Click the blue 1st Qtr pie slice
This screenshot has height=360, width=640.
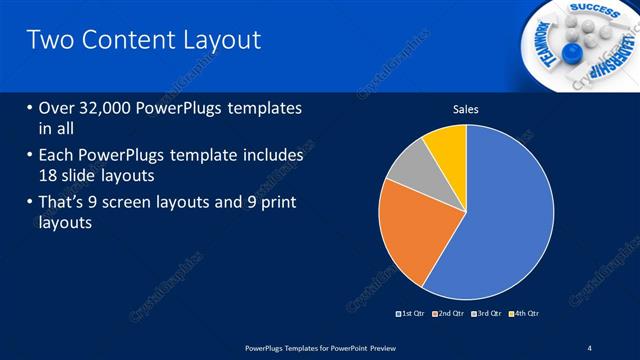(x=510, y=215)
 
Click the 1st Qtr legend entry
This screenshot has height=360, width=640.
(x=411, y=314)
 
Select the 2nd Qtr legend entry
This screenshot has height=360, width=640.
(x=448, y=314)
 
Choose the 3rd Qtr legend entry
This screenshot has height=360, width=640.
(x=486, y=314)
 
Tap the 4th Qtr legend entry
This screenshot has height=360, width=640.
(x=525, y=314)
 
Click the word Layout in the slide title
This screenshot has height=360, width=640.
(x=213, y=40)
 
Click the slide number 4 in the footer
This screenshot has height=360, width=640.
(x=590, y=346)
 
